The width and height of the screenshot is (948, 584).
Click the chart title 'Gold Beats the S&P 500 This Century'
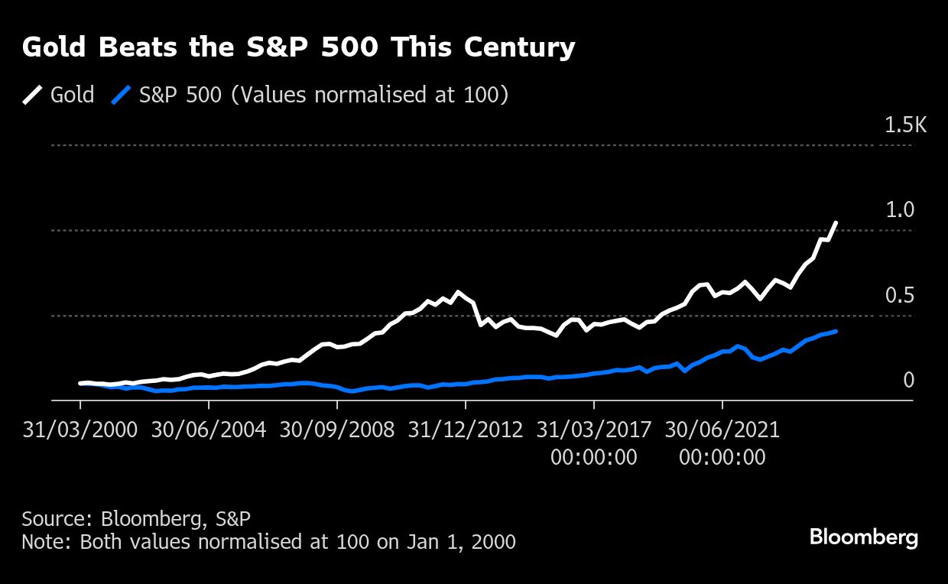(x=298, y=48)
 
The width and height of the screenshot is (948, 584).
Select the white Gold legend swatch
(x=32, y=95)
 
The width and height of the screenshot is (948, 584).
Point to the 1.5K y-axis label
(x=905, y=125)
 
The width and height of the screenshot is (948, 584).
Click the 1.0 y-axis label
(x=900, y=210)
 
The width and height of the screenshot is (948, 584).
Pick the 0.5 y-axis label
(x=900, y=296)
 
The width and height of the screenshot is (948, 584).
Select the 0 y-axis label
(x=908, y=380)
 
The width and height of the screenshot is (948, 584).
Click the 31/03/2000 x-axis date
(x=80, y=429)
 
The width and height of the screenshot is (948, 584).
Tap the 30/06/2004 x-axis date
(x=209, y=429)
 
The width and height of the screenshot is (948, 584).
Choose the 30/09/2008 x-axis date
(x=337, y=429)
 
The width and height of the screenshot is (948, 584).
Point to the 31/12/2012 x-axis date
(x=466, y=429)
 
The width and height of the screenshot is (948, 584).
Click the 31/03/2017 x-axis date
(x=594, y=429)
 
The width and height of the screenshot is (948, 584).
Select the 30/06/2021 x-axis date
(x=722, y=429)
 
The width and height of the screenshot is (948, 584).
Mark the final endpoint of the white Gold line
(x=836, y=222)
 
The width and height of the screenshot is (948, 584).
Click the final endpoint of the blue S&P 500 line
(x=836, y=331)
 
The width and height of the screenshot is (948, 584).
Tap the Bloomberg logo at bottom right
(x=864, y=537)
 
